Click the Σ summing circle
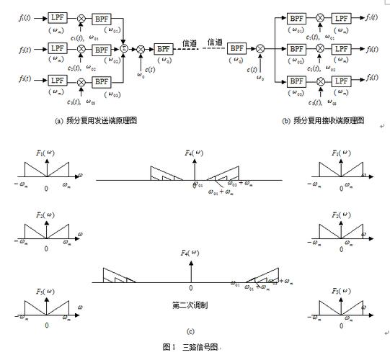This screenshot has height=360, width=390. tap(123, 49)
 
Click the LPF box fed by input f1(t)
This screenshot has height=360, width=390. tap(57, 17)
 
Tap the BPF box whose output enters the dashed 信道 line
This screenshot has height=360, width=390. tap(163, 49)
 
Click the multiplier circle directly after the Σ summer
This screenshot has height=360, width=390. tap(141, 49)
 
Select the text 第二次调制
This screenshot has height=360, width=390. tap(190, 305)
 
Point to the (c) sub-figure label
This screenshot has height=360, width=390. tap(190, 330)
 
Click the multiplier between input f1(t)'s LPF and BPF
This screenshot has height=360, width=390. tap(81, 17)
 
